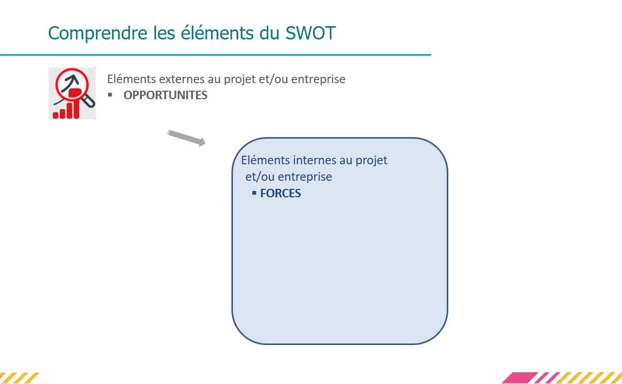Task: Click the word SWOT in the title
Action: [x=310, y=33]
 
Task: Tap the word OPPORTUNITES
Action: [x=166, y=95]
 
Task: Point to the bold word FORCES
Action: [x=281, y=193]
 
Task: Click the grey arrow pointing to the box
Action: [x=186, y=138]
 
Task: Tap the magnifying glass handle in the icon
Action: [x=89, y=101]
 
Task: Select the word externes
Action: [x=182, y=79]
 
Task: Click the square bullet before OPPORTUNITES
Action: [x=110, y=95]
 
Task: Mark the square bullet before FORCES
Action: [x=254, y=193]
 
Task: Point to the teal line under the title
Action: [x=215, y=55]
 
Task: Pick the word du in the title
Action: [x=270, y=33]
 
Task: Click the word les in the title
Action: [x=164, y=33]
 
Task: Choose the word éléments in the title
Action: [x=217, y=33]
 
